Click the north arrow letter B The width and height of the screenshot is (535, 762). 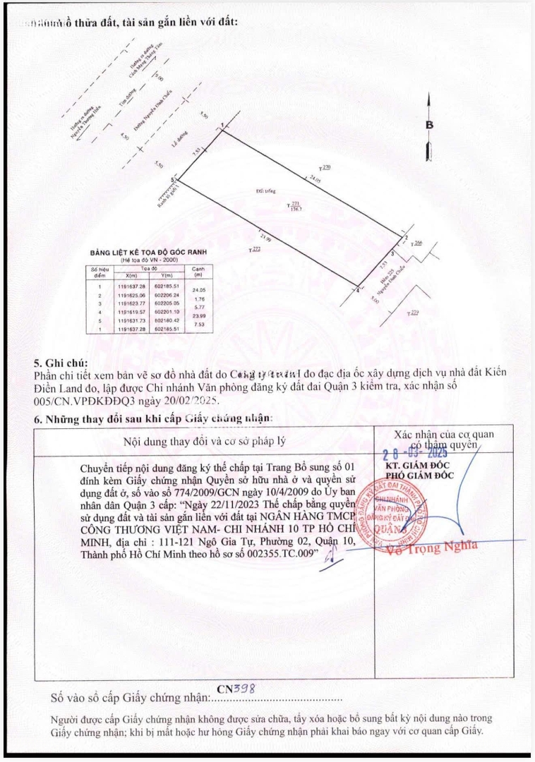point(429,125)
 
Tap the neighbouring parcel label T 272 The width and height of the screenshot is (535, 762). point(256,249)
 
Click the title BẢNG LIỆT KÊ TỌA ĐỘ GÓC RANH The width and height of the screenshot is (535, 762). point(145,252)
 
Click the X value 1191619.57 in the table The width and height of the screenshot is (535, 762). point(132,311)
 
